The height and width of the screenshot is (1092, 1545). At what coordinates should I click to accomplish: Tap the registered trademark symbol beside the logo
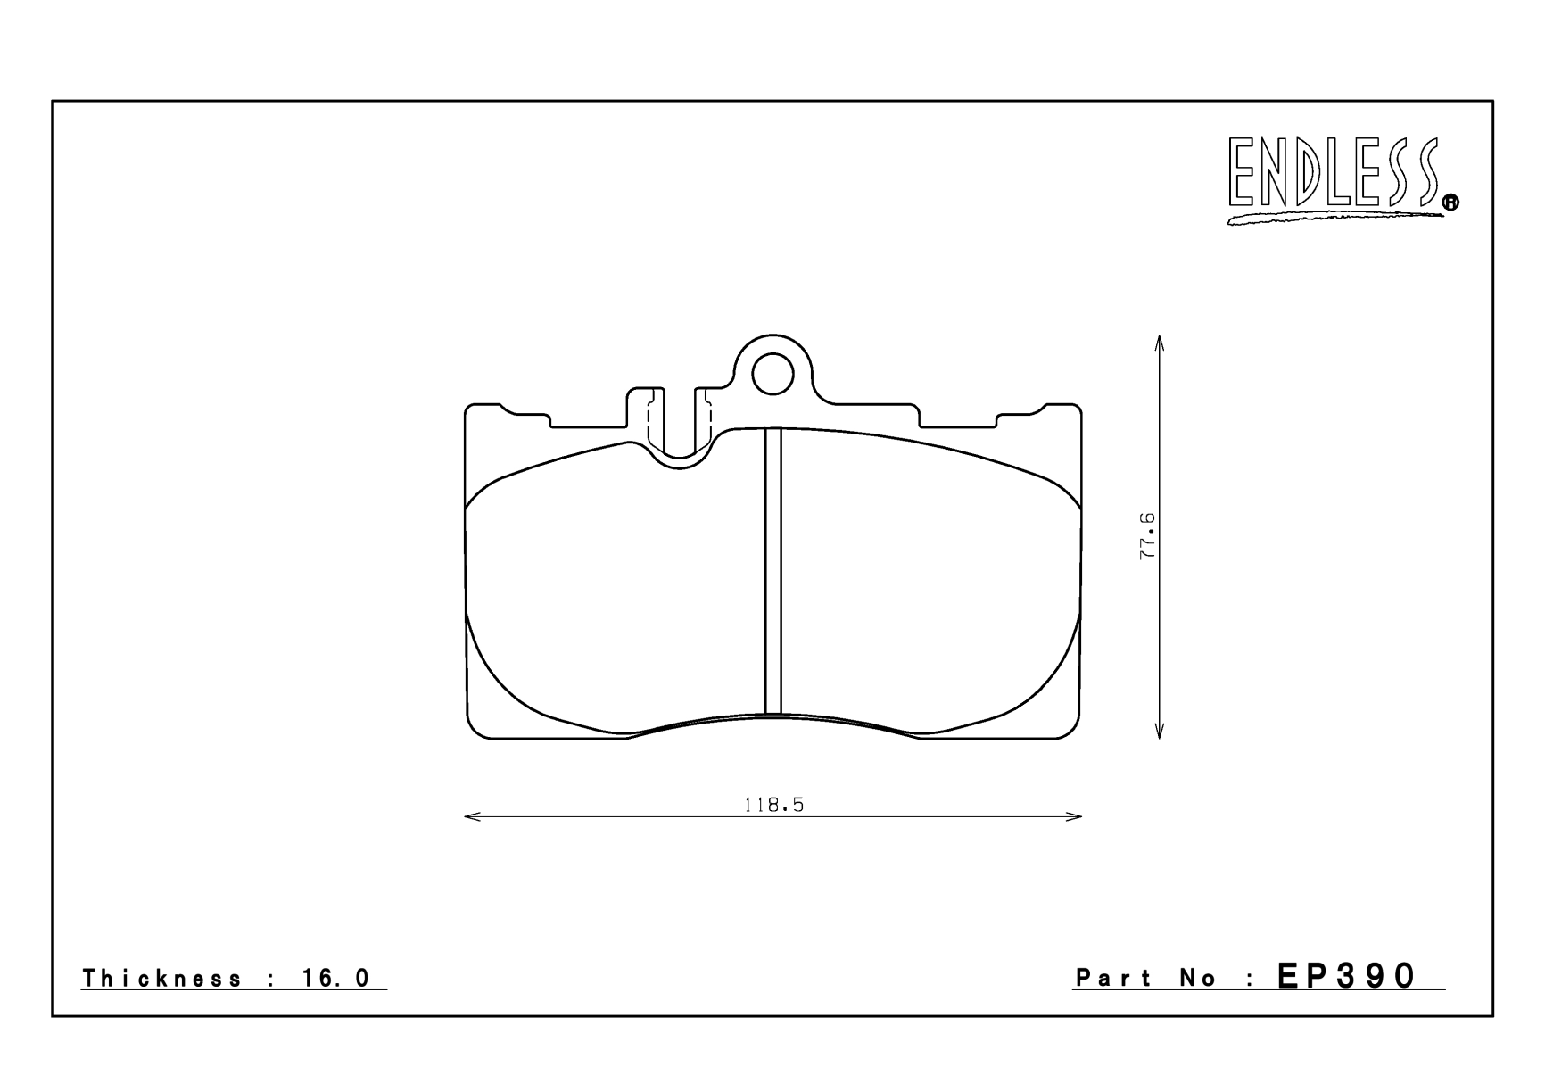pos(1450,203)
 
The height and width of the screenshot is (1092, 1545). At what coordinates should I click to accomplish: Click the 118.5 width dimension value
pos(773,805)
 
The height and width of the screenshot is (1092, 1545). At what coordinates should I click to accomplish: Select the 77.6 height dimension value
pos(1147,536)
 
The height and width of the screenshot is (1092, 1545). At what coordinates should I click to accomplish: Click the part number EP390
pos(1346,976)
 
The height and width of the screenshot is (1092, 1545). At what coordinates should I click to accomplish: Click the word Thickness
pos(161,979)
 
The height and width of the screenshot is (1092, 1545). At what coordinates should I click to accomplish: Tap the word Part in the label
pos(1115,979)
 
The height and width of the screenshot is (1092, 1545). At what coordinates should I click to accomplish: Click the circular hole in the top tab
pos(772,374)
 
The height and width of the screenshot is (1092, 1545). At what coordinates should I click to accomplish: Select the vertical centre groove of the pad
pos(772,571)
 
